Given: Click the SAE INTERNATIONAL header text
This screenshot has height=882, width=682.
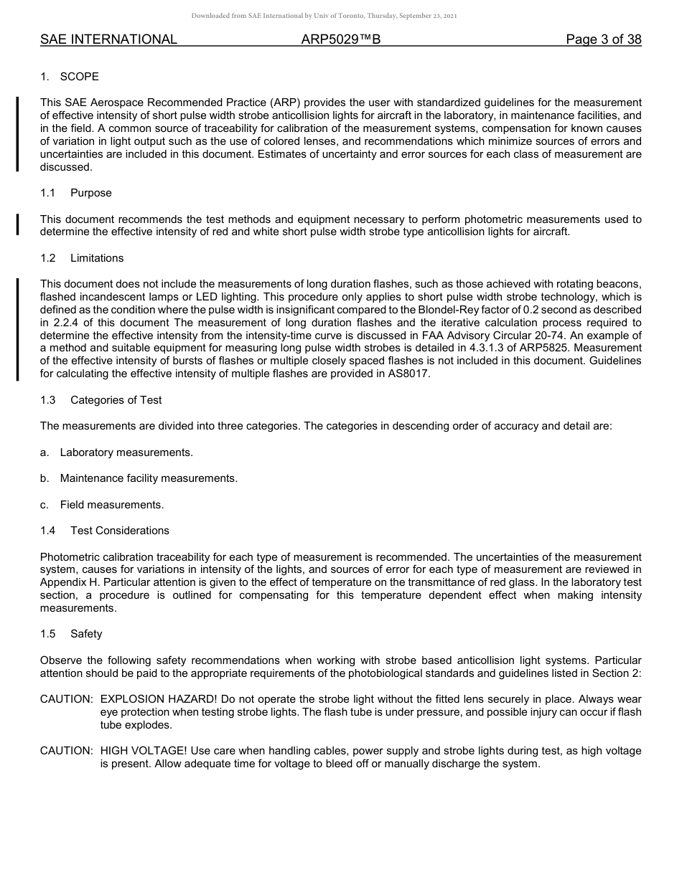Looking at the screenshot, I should (108, 39).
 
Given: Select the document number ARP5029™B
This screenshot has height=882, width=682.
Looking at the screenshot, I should (341, 39).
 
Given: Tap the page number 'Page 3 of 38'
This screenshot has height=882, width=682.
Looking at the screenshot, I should (603, 39).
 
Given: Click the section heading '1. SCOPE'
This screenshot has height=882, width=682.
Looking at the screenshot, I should (70, 77).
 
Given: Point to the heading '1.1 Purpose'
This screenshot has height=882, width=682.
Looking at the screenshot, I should (76, 193).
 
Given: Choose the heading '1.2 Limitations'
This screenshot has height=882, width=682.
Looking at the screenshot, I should (82, 258).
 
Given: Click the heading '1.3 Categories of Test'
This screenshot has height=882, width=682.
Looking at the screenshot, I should (101, 400).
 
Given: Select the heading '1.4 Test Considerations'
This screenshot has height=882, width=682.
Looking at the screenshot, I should (105, 531).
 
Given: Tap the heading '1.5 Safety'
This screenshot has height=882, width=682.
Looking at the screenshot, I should (71, 634).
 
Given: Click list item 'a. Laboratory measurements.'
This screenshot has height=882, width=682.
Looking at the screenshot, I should (116, 452).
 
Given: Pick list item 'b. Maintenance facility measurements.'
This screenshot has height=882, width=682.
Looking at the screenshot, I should (139, 478).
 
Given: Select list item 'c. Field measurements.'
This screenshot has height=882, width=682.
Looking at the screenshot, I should (102, 505).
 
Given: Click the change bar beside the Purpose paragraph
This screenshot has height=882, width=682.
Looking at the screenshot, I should (18, 225).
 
